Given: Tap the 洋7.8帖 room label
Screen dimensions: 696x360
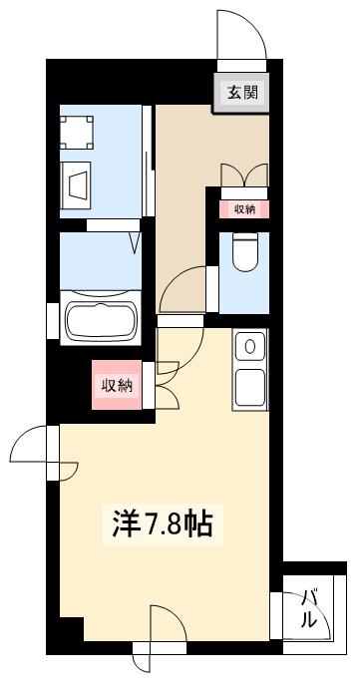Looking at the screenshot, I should coord(159,522).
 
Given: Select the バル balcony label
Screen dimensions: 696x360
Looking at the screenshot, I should coord(308,608).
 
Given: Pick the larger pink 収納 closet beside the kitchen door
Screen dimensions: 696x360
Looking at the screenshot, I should coord(118,385).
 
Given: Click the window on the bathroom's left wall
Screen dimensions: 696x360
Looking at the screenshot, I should coord(52,319).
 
